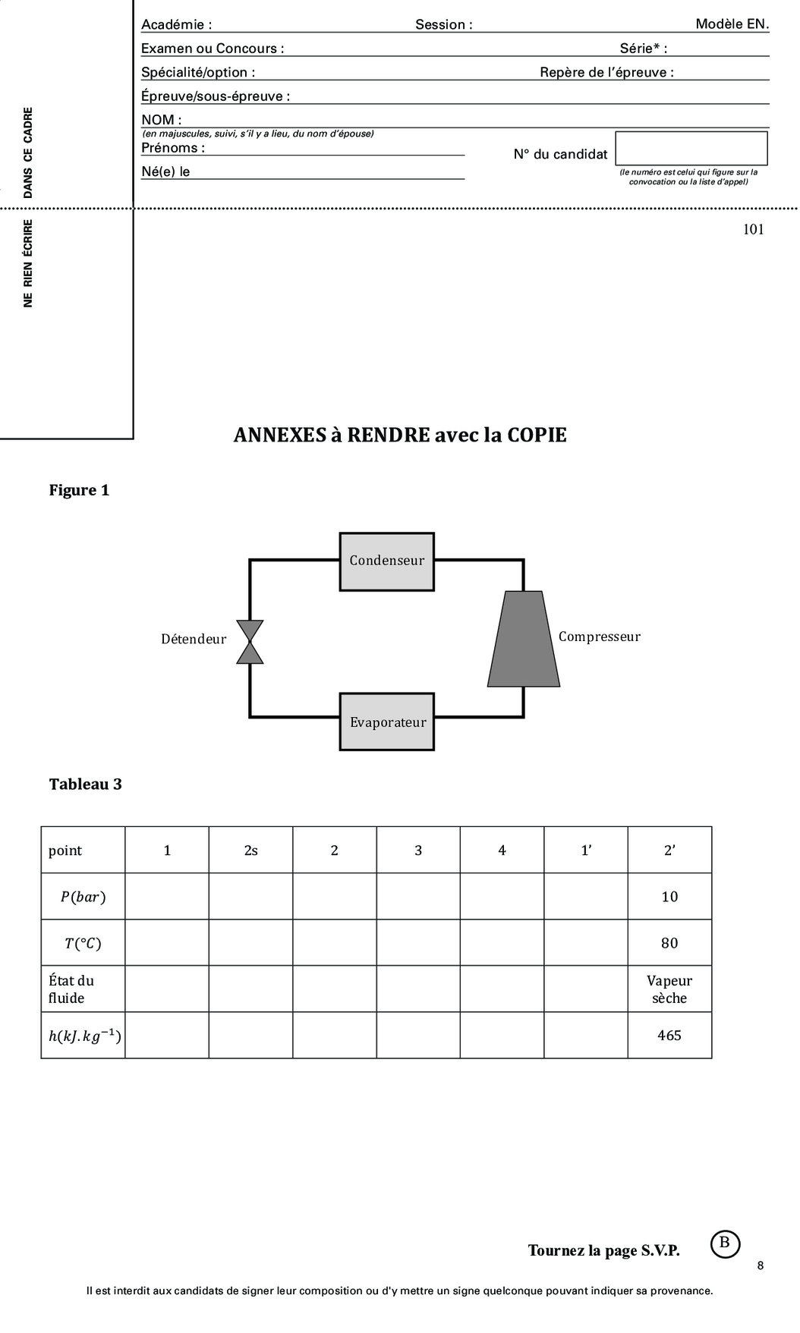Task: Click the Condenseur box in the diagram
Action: [x=386, y=561]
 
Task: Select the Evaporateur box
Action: [x=386, y=722]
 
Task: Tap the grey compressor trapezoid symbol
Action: [x=524, y=639]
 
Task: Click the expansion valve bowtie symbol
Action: [x=250, y=642]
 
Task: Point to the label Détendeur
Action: [x=194, y=640]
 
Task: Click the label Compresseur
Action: [x=599, y=637]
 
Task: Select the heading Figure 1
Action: [x=79, y=490]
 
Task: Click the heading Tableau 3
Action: [x=85, y=784]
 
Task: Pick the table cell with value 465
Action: [x=669, y=1036]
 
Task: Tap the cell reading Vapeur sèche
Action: [x=669, y=989]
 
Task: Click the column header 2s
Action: [x=250, y=850]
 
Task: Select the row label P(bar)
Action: [x=83, y=897]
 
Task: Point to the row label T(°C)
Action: [x=83, y=943]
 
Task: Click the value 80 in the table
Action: [x=669, y=943]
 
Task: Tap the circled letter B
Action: [x=724, y=1243]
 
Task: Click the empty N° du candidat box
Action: [x=691, y=149]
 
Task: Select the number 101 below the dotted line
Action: [x=753, y=230]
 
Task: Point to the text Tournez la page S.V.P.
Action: [x=603, y=1250]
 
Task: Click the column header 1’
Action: [x=585, y=850]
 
